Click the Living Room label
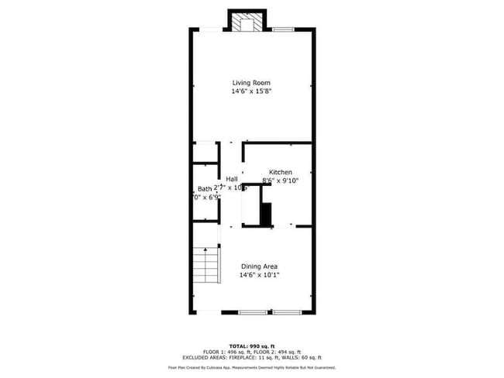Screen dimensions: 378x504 251,82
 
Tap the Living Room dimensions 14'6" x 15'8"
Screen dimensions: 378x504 251,91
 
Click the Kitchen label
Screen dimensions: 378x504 280,171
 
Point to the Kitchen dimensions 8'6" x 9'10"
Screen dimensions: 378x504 280,180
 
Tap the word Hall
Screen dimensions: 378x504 232,179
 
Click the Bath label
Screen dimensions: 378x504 205,188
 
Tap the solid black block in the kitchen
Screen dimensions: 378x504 266,213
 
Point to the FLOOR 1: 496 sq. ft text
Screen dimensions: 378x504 226,351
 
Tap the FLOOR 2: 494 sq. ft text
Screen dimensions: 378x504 276,351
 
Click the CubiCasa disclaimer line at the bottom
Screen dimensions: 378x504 251,367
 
